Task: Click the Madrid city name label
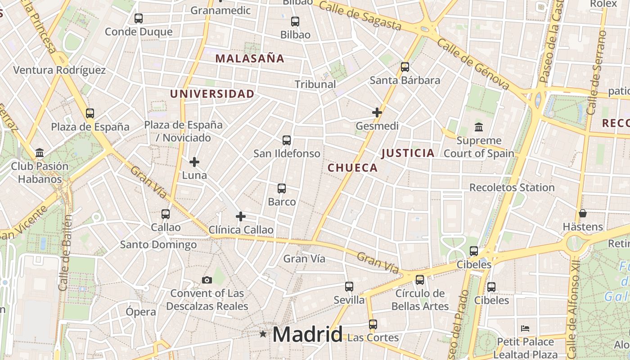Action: [307, 334]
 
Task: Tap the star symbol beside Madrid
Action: [263, 334]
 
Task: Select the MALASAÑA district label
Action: [250, 58]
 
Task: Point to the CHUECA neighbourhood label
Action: [352, 168]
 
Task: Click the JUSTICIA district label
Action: [408, 153]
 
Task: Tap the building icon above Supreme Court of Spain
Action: [479, 127]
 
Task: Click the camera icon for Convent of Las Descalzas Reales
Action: [207, 280]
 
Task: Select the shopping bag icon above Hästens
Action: [583, 213]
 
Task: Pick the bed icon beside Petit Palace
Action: [525, 328]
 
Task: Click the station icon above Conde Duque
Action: [139, 18]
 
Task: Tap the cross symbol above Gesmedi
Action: [377, 112]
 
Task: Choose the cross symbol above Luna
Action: [194, 162]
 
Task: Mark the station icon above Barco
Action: [282, 189]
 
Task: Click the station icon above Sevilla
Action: [349, 287]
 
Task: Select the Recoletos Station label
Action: [512, 187]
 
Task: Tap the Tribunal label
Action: [315, 84]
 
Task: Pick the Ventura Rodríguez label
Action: [59, 70]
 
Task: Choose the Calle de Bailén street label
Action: [66, 252]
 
